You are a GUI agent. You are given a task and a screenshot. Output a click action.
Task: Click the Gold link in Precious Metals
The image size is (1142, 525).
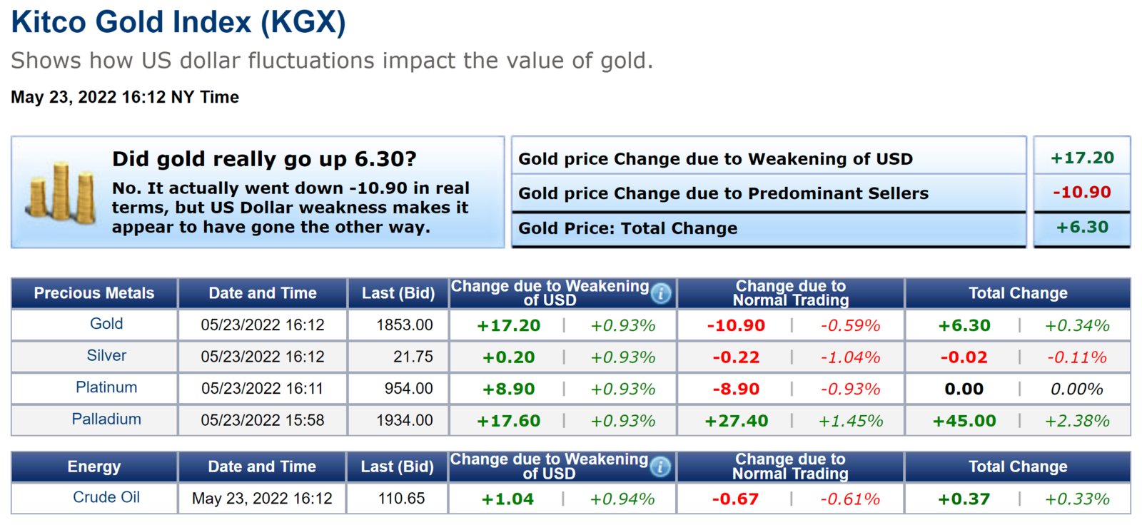[106, 324]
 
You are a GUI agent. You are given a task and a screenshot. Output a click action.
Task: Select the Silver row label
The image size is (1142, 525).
[106, 355]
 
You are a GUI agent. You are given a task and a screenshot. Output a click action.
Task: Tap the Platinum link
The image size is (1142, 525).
[106, 387]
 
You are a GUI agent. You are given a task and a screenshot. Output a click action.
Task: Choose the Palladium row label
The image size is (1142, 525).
[106, 419]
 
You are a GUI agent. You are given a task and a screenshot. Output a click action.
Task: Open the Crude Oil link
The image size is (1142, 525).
[106, 497]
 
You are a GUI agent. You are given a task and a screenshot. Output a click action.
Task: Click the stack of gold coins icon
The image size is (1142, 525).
[61, 193]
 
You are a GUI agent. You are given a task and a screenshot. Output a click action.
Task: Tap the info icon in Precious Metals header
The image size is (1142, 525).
[661, 293]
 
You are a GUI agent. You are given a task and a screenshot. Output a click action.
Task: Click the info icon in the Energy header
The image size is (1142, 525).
[661, 467]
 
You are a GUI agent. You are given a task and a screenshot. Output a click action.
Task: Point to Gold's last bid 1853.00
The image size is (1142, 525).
[405, 325]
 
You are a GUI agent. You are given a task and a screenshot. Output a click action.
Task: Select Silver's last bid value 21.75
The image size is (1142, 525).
[413, 357]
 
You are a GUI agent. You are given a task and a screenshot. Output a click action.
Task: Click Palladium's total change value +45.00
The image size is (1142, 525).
[964, 421]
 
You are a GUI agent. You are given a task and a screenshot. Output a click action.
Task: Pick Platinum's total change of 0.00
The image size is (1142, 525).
[964, 389]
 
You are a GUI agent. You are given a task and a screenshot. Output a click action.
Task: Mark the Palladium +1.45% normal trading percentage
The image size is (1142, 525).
[851, 421]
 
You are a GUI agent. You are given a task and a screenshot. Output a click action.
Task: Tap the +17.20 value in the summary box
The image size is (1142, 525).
[1082, 158]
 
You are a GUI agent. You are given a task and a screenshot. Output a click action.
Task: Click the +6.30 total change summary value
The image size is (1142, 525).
[1082, 228]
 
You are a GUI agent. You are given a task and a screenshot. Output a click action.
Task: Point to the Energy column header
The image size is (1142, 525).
[94, 467]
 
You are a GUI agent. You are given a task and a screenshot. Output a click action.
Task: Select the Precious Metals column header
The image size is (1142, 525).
[94, 293]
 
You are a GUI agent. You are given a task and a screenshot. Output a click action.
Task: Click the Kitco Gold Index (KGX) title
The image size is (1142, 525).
[178, 22]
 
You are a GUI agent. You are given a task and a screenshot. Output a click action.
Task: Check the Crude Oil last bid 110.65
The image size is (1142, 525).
[401, 499]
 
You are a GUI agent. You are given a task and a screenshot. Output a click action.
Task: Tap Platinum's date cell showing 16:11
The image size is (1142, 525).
[262, 389]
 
